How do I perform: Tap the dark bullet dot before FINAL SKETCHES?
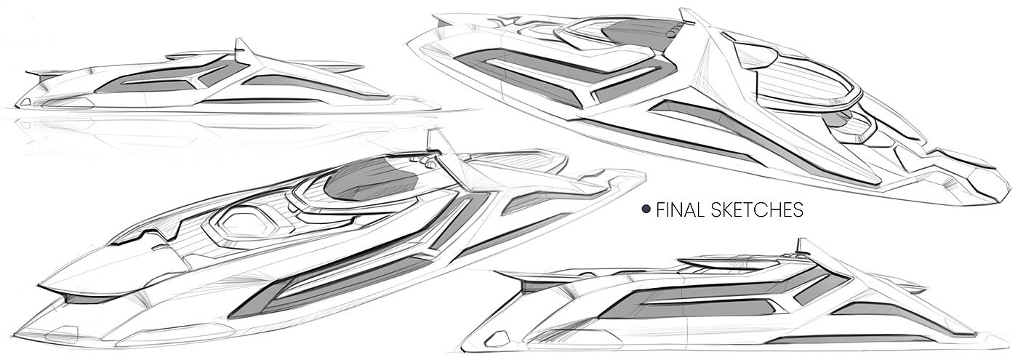(x=645, y=210)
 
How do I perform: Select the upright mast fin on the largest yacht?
(x=436, y=142)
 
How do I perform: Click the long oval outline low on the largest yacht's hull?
(x=62, y=335)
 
